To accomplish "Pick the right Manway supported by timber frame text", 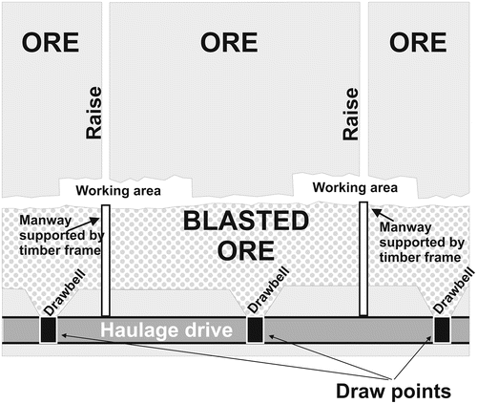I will coord(417,243).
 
